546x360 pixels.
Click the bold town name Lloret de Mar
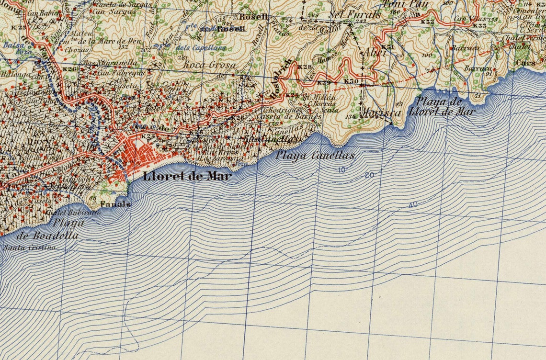187,176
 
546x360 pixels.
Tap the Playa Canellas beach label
315,155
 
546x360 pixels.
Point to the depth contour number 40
412,205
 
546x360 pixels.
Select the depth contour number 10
341,170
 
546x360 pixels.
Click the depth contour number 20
369,175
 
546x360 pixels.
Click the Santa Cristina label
30,247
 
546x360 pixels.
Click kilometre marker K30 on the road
351,81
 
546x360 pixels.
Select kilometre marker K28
304,67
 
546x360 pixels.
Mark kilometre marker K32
427,22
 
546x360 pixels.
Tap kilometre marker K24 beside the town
149,136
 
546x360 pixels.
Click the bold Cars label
526,63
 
